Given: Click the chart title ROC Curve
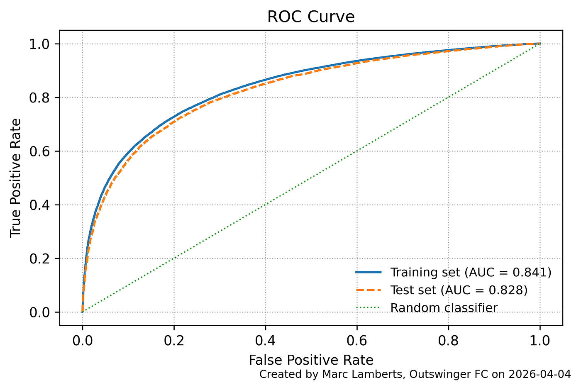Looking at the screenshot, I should pyautogui.click(x=311, y=17).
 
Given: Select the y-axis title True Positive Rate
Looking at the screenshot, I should pyautogui.click(x=16, y=178).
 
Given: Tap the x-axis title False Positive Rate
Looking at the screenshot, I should pyautogui.click(x=311, y=360).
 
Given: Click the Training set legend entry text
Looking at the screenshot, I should pyautogui.click(x=425, y=272).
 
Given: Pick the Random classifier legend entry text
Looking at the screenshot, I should pyautogui.click(x=444, y=308).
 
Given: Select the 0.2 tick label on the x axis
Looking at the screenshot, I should pyautogui.click(x=174, y=341).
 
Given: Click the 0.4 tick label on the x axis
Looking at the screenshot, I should pyautogui.click(x=265, y=341).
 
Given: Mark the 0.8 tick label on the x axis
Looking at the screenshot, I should pyautogui.click(x=448, y=341).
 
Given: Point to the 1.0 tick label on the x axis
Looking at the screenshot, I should pyautogui.click(x=539, y=341).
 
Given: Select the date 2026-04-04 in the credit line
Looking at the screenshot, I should pyautogui.click(x=546, y=374).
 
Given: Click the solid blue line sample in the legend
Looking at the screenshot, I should pyautogui.click(x=369, y=273).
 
